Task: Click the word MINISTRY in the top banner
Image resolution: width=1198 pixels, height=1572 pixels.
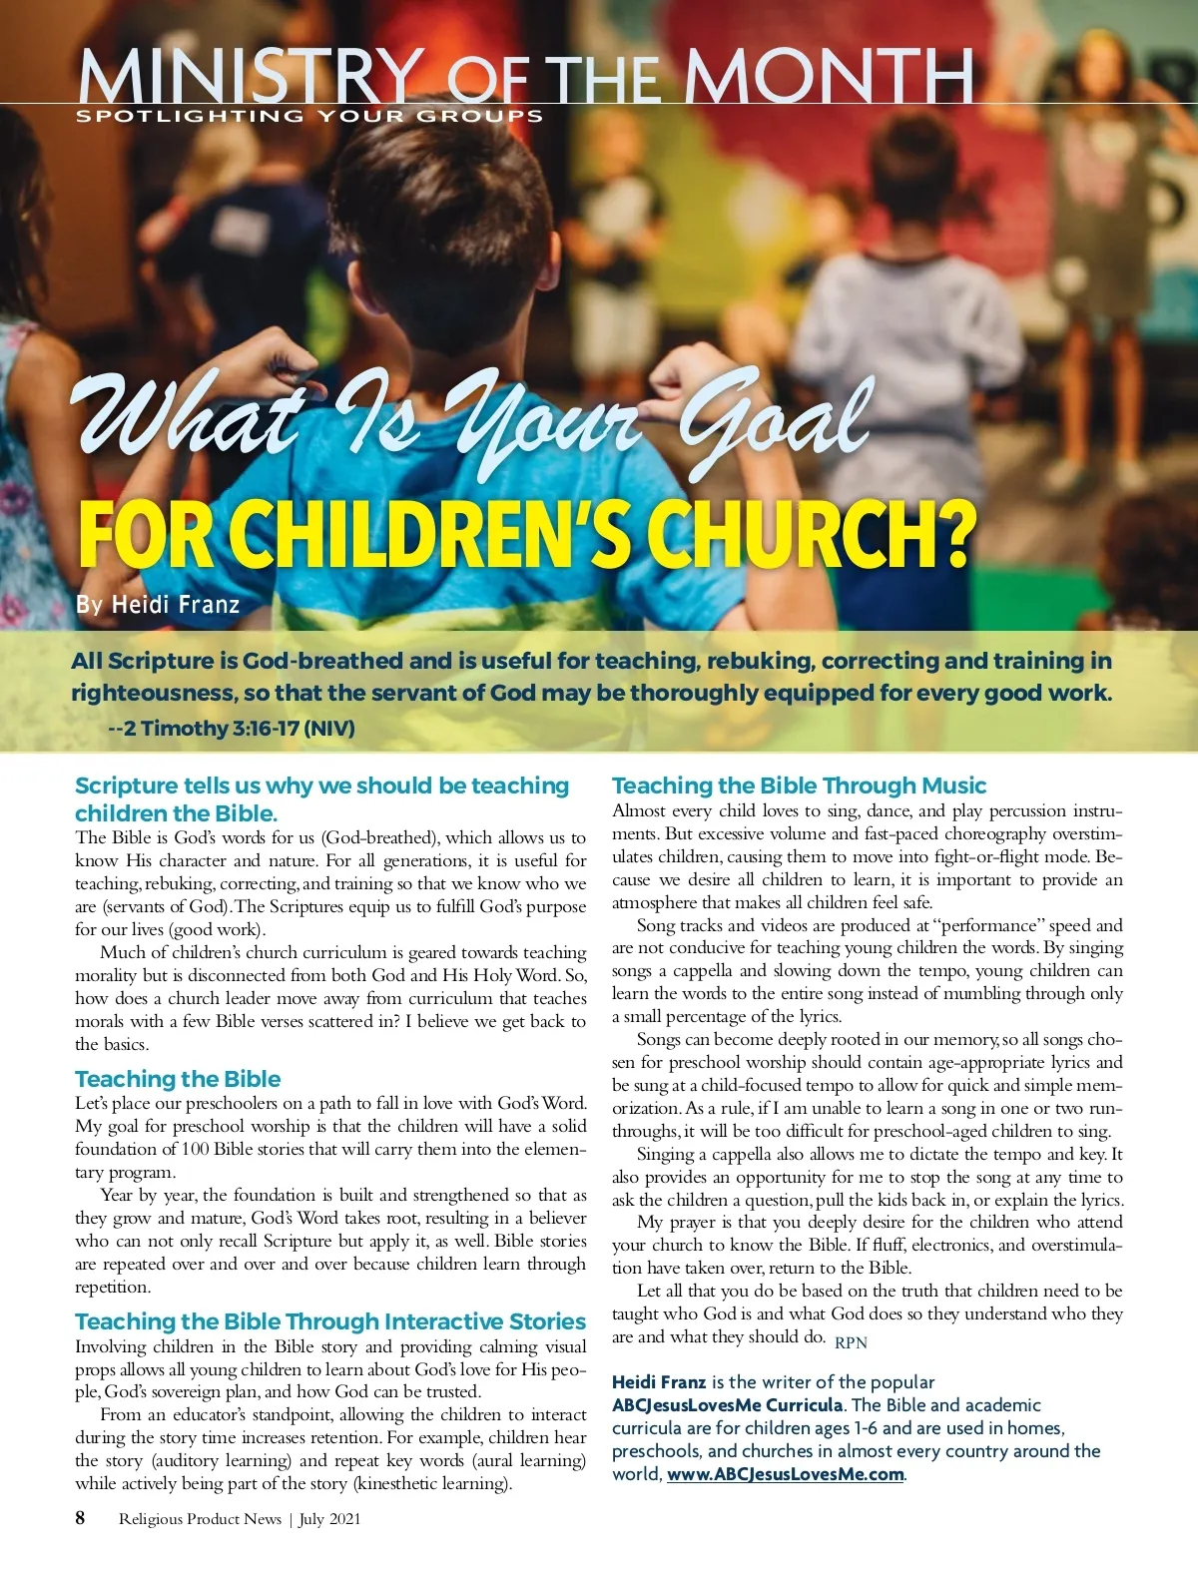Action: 250,76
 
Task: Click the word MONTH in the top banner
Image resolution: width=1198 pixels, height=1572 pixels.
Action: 828,76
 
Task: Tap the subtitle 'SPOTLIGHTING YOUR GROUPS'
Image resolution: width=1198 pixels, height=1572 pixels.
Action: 309,116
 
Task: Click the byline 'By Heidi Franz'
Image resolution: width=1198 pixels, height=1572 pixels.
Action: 158,604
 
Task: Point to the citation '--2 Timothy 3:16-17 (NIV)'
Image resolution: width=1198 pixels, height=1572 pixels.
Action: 231,728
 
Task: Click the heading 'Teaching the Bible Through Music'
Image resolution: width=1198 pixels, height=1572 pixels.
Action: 799,786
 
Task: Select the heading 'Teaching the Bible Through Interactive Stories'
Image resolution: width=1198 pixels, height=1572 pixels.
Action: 330,1321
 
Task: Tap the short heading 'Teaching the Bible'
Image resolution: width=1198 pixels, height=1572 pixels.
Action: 178,1079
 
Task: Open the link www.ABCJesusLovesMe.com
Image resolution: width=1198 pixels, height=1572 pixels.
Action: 785,1474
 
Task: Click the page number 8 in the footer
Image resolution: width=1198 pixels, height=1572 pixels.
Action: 80,1518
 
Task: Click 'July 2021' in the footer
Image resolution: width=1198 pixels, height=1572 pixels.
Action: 329,1519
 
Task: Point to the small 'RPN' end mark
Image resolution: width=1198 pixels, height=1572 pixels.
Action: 851,1342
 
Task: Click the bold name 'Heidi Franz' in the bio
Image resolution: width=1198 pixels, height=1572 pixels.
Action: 659,1382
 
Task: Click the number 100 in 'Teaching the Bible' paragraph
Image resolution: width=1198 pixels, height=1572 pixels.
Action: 195,1149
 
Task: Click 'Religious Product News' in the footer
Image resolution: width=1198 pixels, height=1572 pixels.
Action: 200,1519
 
